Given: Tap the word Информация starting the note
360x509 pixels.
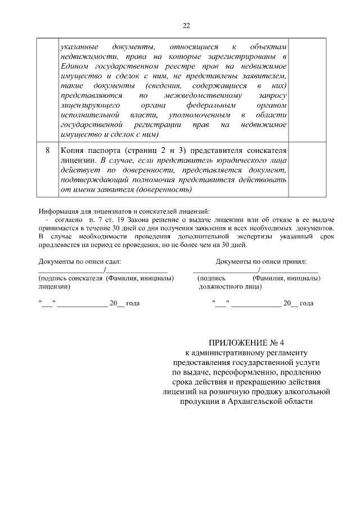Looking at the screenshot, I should click(x=59, y=210).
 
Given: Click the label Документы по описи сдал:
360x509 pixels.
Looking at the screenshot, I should click(x=79, y=262).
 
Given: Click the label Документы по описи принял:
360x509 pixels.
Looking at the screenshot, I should click(x=261, y=262).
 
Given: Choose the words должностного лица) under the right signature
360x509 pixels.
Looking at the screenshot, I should click(x=230, y=286).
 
